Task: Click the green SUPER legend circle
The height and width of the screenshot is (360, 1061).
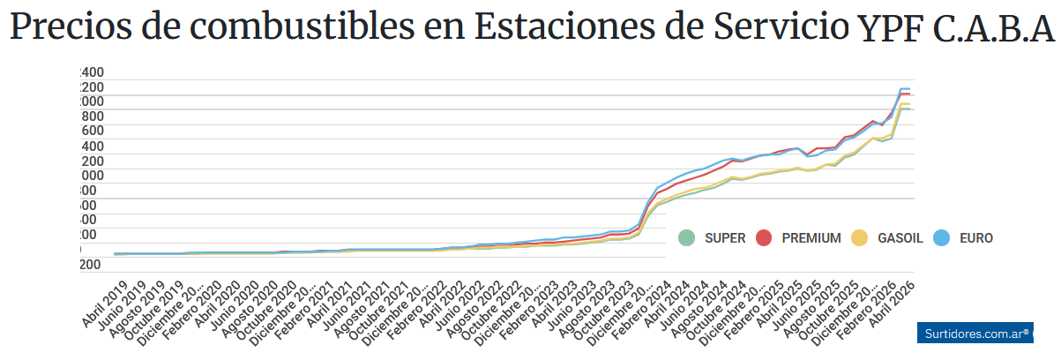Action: [687, 237]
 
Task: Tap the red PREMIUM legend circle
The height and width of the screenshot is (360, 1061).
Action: [764, 237]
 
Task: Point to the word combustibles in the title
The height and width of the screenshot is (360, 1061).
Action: [276, 28]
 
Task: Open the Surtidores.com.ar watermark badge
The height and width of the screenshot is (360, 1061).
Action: [979, 333]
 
